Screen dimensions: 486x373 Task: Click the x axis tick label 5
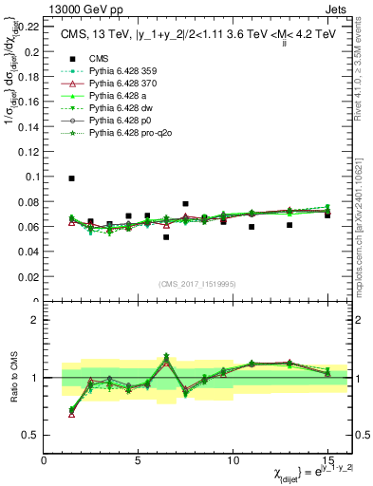pyautogui.click(x=139, y=460)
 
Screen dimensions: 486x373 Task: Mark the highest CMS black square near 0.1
pyautogui.click(x=72, y=178)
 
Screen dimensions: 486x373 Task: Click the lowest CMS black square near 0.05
pyautogui.click(x=166, y=237)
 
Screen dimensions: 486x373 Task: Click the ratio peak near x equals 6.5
pyautogui.click(x=166, y=356)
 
